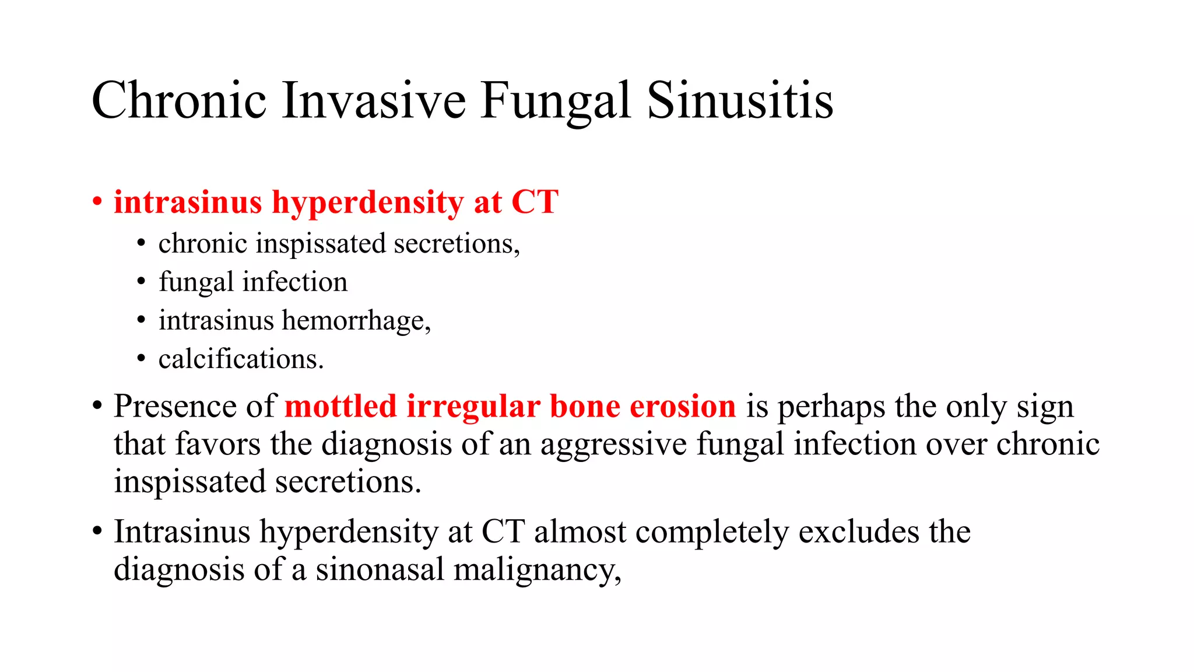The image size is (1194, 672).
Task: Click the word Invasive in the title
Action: [374, 100]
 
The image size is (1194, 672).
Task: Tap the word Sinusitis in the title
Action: [740, 100]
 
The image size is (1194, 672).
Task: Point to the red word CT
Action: [535, 202]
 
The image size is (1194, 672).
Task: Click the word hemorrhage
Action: [356, 321]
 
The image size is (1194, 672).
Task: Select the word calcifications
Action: [241, 359]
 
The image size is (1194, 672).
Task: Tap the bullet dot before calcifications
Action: [141, 359]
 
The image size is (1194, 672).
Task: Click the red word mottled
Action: [340, 406]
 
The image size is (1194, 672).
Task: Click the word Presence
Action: [175, 406]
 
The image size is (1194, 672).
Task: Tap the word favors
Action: [217, 444]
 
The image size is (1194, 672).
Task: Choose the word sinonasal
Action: [380, 569]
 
